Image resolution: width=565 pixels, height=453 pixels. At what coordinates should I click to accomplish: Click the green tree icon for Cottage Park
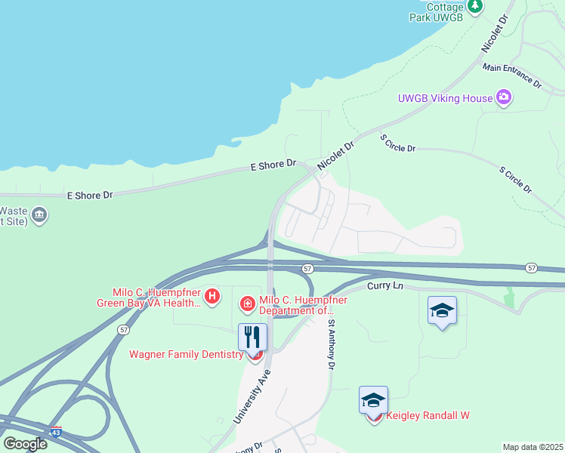tap(475, 6)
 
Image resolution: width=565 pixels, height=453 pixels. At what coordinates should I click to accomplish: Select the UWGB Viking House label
tap(445, 98)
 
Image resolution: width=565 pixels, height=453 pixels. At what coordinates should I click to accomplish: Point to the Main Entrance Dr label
tap(513, 75)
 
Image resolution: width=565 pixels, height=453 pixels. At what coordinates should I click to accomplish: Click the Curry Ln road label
tap(386, 287)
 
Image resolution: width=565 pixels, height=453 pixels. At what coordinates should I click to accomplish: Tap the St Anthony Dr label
tap(331, 344)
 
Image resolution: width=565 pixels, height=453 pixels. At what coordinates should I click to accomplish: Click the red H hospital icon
tap(212, 296)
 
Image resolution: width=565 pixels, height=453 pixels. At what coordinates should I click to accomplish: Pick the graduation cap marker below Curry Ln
tap(442, 310)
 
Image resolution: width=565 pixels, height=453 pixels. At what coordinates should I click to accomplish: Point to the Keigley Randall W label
tap(428, 416)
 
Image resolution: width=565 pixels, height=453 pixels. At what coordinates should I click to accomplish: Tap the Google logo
tap(25, 443)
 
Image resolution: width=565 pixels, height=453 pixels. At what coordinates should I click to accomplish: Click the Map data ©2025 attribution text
tap(533, 447)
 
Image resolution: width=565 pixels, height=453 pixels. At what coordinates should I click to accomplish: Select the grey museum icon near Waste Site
tap(39, 216)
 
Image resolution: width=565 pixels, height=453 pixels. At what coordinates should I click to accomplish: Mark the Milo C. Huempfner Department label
tap(303, 305)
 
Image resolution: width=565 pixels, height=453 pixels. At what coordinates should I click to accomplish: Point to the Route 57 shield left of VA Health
tap(122, 330)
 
